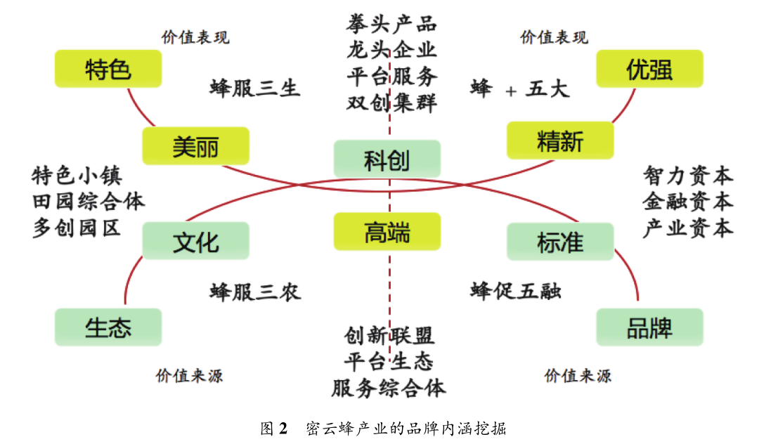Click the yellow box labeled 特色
(108, 69)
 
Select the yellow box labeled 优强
(649, 69)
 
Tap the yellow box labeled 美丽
(195, 145)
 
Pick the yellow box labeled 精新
(559, 141)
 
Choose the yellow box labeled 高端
(387, 232)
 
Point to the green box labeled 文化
(195, 241)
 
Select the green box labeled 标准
(559, 241)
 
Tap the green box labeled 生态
(108, 327)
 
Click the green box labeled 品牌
(649, 327)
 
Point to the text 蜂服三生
(254, 89)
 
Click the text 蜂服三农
(254, 292)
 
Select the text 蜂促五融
(515, 292)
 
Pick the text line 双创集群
(391, 103)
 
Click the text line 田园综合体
(89, 202)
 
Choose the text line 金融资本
(687, 202)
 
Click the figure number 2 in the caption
(283, 428)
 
